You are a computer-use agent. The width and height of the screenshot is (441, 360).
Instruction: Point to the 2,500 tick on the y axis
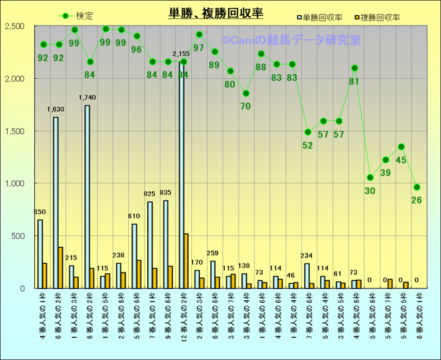(14, 26)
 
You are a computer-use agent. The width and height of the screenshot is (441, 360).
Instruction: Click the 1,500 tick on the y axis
(14, 131)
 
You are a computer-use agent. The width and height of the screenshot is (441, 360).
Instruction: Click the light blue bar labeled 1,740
(87, 196)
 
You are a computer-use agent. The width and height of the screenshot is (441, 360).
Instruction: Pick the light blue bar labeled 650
(40, 254)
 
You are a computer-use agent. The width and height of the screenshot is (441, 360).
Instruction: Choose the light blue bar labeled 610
(134, 256)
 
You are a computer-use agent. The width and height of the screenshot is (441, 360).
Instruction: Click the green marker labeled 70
(246, 93)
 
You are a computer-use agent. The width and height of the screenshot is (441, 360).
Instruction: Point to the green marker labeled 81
(355, 68)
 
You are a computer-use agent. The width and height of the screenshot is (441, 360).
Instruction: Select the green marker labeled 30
(370, 177)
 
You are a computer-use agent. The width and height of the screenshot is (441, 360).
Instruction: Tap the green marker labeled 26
(417, 187)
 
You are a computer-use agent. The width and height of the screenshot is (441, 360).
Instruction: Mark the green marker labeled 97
(199, 34)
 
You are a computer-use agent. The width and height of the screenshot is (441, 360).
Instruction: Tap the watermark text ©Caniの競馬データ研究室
(291, 41)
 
